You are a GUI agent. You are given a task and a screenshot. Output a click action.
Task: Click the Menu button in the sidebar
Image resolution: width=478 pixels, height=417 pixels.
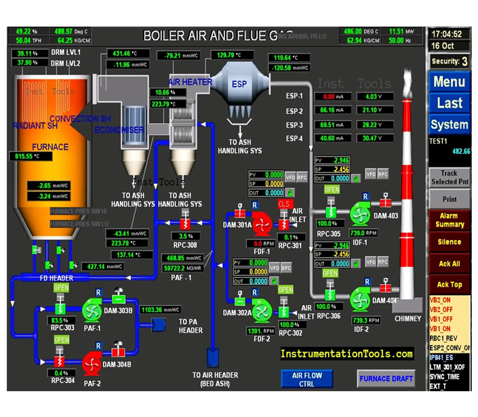449,82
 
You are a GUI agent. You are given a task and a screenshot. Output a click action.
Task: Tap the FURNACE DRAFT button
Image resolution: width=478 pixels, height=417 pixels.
386,378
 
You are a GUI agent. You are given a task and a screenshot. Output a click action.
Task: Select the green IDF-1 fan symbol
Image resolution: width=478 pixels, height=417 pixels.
357,213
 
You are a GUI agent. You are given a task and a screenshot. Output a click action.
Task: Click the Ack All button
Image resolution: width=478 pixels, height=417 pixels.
449,264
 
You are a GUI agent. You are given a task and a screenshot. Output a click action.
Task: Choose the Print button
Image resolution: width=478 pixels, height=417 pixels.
449,199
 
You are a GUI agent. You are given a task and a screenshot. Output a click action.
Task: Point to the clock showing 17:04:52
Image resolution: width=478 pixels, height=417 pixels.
447,34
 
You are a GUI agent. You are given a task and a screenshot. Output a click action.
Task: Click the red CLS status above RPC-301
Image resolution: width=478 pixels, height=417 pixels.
283,204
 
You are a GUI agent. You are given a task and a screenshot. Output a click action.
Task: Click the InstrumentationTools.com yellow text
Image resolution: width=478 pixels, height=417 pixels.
347,354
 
